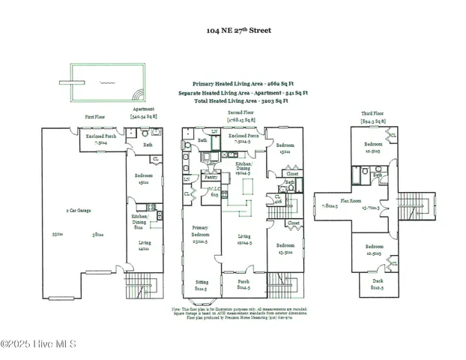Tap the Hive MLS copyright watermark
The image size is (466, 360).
[39, 343]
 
